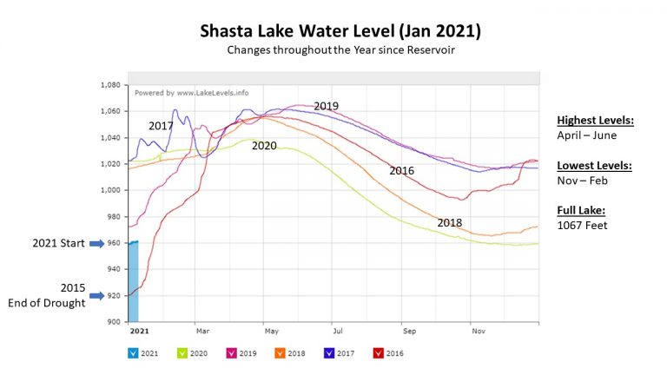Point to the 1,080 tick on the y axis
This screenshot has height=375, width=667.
pos(109,85)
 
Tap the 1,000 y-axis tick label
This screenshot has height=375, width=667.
pos(109,190)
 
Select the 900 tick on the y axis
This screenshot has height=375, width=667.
pos(113,321)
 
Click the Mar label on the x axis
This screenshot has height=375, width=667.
pos(202,331)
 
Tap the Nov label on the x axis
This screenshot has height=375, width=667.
pos(477,331)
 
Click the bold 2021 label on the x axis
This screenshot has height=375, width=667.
pos(139,331)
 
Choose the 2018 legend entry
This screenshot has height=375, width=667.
pos(291,353)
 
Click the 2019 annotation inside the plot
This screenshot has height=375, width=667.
pos(326,106)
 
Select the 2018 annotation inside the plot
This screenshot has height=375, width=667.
pos(449,223)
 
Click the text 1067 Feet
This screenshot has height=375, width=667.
pos(581,224)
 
